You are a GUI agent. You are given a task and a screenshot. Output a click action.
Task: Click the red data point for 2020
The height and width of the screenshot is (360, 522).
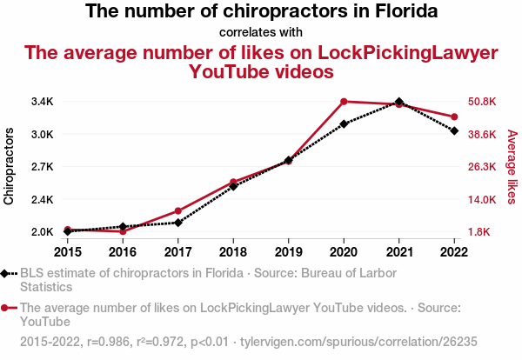click(x=344, y=102)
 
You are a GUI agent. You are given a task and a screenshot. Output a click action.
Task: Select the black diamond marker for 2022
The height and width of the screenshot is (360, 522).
click(x=455, y=130)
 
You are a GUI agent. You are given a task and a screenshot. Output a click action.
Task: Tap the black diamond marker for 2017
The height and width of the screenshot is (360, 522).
click(x=177, y=223)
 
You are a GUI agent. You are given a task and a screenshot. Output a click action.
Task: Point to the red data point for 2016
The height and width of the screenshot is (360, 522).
click(x=123, y=231)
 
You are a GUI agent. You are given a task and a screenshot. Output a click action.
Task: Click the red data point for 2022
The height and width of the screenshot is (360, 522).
click(x=455, y=117)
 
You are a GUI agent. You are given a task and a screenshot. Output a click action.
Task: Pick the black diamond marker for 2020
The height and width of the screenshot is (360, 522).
click(x=344, y=123)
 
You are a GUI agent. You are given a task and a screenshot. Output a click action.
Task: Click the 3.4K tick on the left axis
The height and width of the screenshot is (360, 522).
click(x=40, y=102)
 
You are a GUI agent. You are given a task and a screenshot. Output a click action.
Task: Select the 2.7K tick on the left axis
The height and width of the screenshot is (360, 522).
click(x=40, y=167)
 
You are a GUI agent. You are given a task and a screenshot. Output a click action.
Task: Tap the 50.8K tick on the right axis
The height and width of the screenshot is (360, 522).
click(x=482, y=102)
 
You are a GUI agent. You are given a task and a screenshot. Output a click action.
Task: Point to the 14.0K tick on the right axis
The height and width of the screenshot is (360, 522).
click(x=482, y=200)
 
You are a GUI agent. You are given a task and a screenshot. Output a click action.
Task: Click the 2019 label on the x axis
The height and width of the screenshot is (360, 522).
click(x=289, y=252)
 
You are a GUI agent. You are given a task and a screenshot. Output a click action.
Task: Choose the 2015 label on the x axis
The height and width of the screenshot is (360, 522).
click(x=67, y=252)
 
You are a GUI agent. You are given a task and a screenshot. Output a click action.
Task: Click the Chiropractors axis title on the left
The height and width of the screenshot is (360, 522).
click(x=10, y=166)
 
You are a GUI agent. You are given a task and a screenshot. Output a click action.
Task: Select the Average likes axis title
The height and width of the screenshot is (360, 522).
click(x=512, y=167)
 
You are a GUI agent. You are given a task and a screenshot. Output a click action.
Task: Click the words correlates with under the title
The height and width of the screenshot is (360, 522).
click(x=261, y=33)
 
